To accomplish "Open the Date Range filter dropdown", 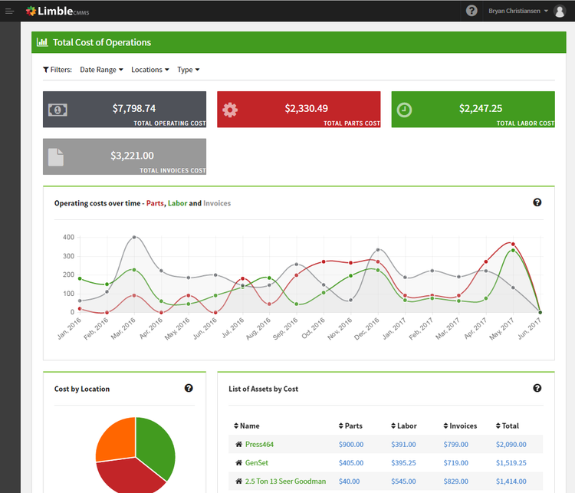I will point(101,70).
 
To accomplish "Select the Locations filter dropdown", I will point(150,70).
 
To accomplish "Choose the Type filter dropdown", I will point(188,70).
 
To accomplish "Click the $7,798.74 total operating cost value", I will point(133,108).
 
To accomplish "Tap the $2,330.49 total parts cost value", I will point(306,108).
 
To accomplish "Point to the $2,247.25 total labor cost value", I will point(481,108).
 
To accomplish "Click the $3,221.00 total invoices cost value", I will point(132,155).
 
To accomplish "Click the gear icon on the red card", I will point(230,110).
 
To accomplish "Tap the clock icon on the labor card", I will point(404,110).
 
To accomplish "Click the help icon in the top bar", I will point(472,11).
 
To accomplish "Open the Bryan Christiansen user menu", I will point(519,11).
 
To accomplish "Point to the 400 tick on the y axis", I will point(67,237).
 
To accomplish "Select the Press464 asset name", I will point(259,444).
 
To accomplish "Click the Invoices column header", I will point(463,426).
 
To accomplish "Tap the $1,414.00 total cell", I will point(511,481).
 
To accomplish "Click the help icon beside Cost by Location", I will point(189,388).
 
